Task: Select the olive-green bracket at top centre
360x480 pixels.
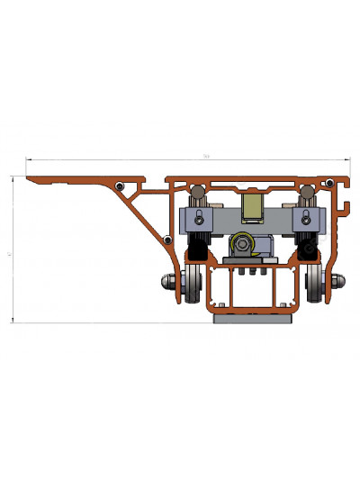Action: pos(252,206)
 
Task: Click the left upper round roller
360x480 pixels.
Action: pos(196,192)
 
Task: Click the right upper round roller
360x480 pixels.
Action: pos(308,192)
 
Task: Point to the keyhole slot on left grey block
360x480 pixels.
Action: pos(198,216)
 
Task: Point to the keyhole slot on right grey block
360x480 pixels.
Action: pos(305,216)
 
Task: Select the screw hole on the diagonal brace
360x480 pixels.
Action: pos(166,239)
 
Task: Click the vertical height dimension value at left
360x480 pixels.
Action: pos(9,256)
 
